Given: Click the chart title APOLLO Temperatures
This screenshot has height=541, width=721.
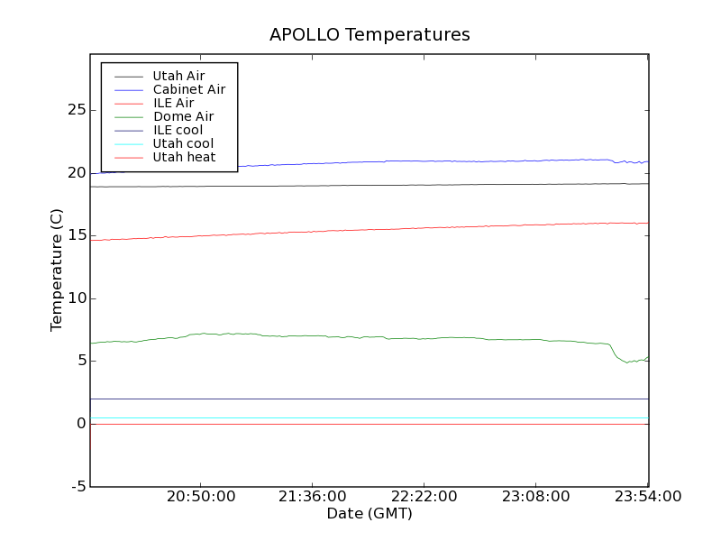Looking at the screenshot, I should pyautogui.click(x=370, y=35).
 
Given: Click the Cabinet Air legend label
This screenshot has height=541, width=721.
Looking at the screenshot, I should pyautogui.click(x=188, y=89).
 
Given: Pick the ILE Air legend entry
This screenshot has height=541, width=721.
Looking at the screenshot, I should pyautogui.click(x=173, y=103).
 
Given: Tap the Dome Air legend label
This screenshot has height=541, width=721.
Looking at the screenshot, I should pyautogui.click(x=183, y=116).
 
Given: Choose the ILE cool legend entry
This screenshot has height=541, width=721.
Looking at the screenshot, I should pyautogui.click(x=178, y=130).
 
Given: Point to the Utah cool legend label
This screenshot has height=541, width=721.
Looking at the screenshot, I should pyautogui.click(x=183, y=143).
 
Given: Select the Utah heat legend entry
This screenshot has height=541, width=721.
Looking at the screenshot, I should pyautogui.click(x=183, y=157).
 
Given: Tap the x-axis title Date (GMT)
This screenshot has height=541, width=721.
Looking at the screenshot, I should pyautogui.click(x=369, y=514).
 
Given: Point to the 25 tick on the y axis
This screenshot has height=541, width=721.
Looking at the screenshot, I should pyautogui.click(x=77, y=110).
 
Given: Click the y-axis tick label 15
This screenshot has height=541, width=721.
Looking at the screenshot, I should pyautogui.click(x=77, y=235).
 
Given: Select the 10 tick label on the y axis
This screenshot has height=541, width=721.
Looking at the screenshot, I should pyautogui.click(x=77, y=298).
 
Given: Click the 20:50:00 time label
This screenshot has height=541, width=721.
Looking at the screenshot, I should pyautogui.click(x=201, y=497).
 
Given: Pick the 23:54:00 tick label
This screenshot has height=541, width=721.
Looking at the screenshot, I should pyautogui.click(x=647, y=497).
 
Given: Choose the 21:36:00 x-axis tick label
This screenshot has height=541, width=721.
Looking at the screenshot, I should pyautogui.click(x=313, y=497).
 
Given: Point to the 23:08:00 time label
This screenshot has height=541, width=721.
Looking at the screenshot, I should pyautogui.click(x=536, y=497).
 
